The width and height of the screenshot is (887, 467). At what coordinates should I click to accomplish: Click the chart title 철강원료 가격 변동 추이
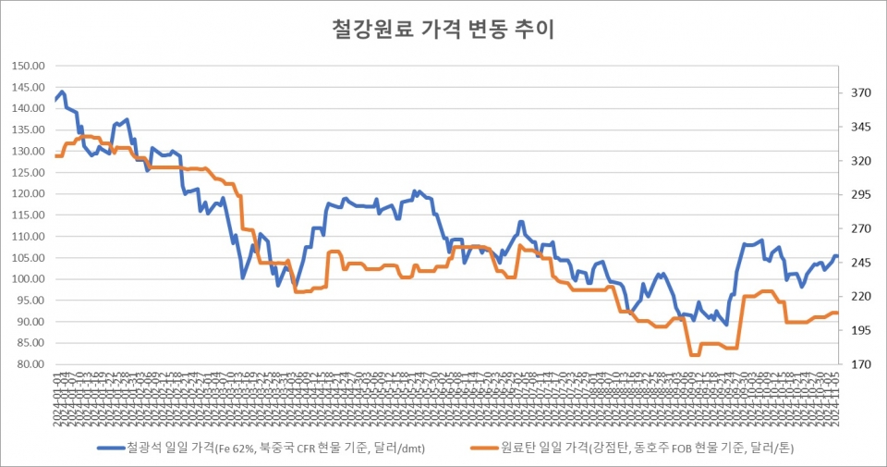[x=443, y=30]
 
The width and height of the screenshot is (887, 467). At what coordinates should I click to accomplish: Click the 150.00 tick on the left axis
[x=26, y=66]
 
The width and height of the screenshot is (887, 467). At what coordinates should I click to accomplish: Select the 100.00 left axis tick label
[x=26, y=279]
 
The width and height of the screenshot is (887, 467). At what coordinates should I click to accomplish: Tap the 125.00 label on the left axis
[x=26, y=172]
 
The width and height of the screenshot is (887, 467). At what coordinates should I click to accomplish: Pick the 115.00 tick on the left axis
[x=26, y=215]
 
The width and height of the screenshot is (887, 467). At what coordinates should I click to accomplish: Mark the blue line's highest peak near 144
[x=62, y=92]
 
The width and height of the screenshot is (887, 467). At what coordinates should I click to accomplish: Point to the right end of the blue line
[x=837, y=256]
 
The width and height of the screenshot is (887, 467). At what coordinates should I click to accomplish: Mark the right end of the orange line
[x=837, y=313]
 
